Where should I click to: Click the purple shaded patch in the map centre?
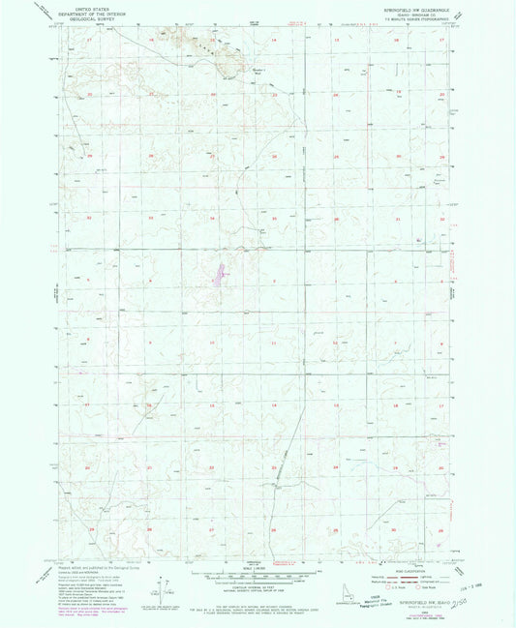tap(222, 274)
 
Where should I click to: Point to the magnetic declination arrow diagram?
tap(170, 588)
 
